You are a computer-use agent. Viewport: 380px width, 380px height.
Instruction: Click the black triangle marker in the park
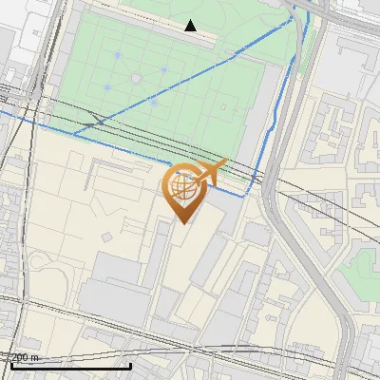(x=191, y=26)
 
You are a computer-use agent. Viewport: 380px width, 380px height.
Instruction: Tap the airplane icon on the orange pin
(x=211, y=172)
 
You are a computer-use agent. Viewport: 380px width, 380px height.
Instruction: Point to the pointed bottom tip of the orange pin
(x=184, y=221)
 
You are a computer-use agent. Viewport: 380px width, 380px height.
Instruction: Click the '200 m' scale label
(x=25, y=357)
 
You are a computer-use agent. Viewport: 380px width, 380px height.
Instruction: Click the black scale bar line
(x=71, y=365)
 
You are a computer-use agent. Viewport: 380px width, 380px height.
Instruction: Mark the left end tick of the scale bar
(x=11, y=364)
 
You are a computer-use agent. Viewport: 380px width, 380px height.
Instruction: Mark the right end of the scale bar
(x=130, y=364)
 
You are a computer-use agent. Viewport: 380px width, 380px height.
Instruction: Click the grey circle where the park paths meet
(x=136, y=77)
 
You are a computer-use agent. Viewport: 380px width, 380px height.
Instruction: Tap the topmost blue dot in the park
(x=118, y=55)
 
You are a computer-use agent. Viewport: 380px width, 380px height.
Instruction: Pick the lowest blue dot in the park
(x=153, y=101)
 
